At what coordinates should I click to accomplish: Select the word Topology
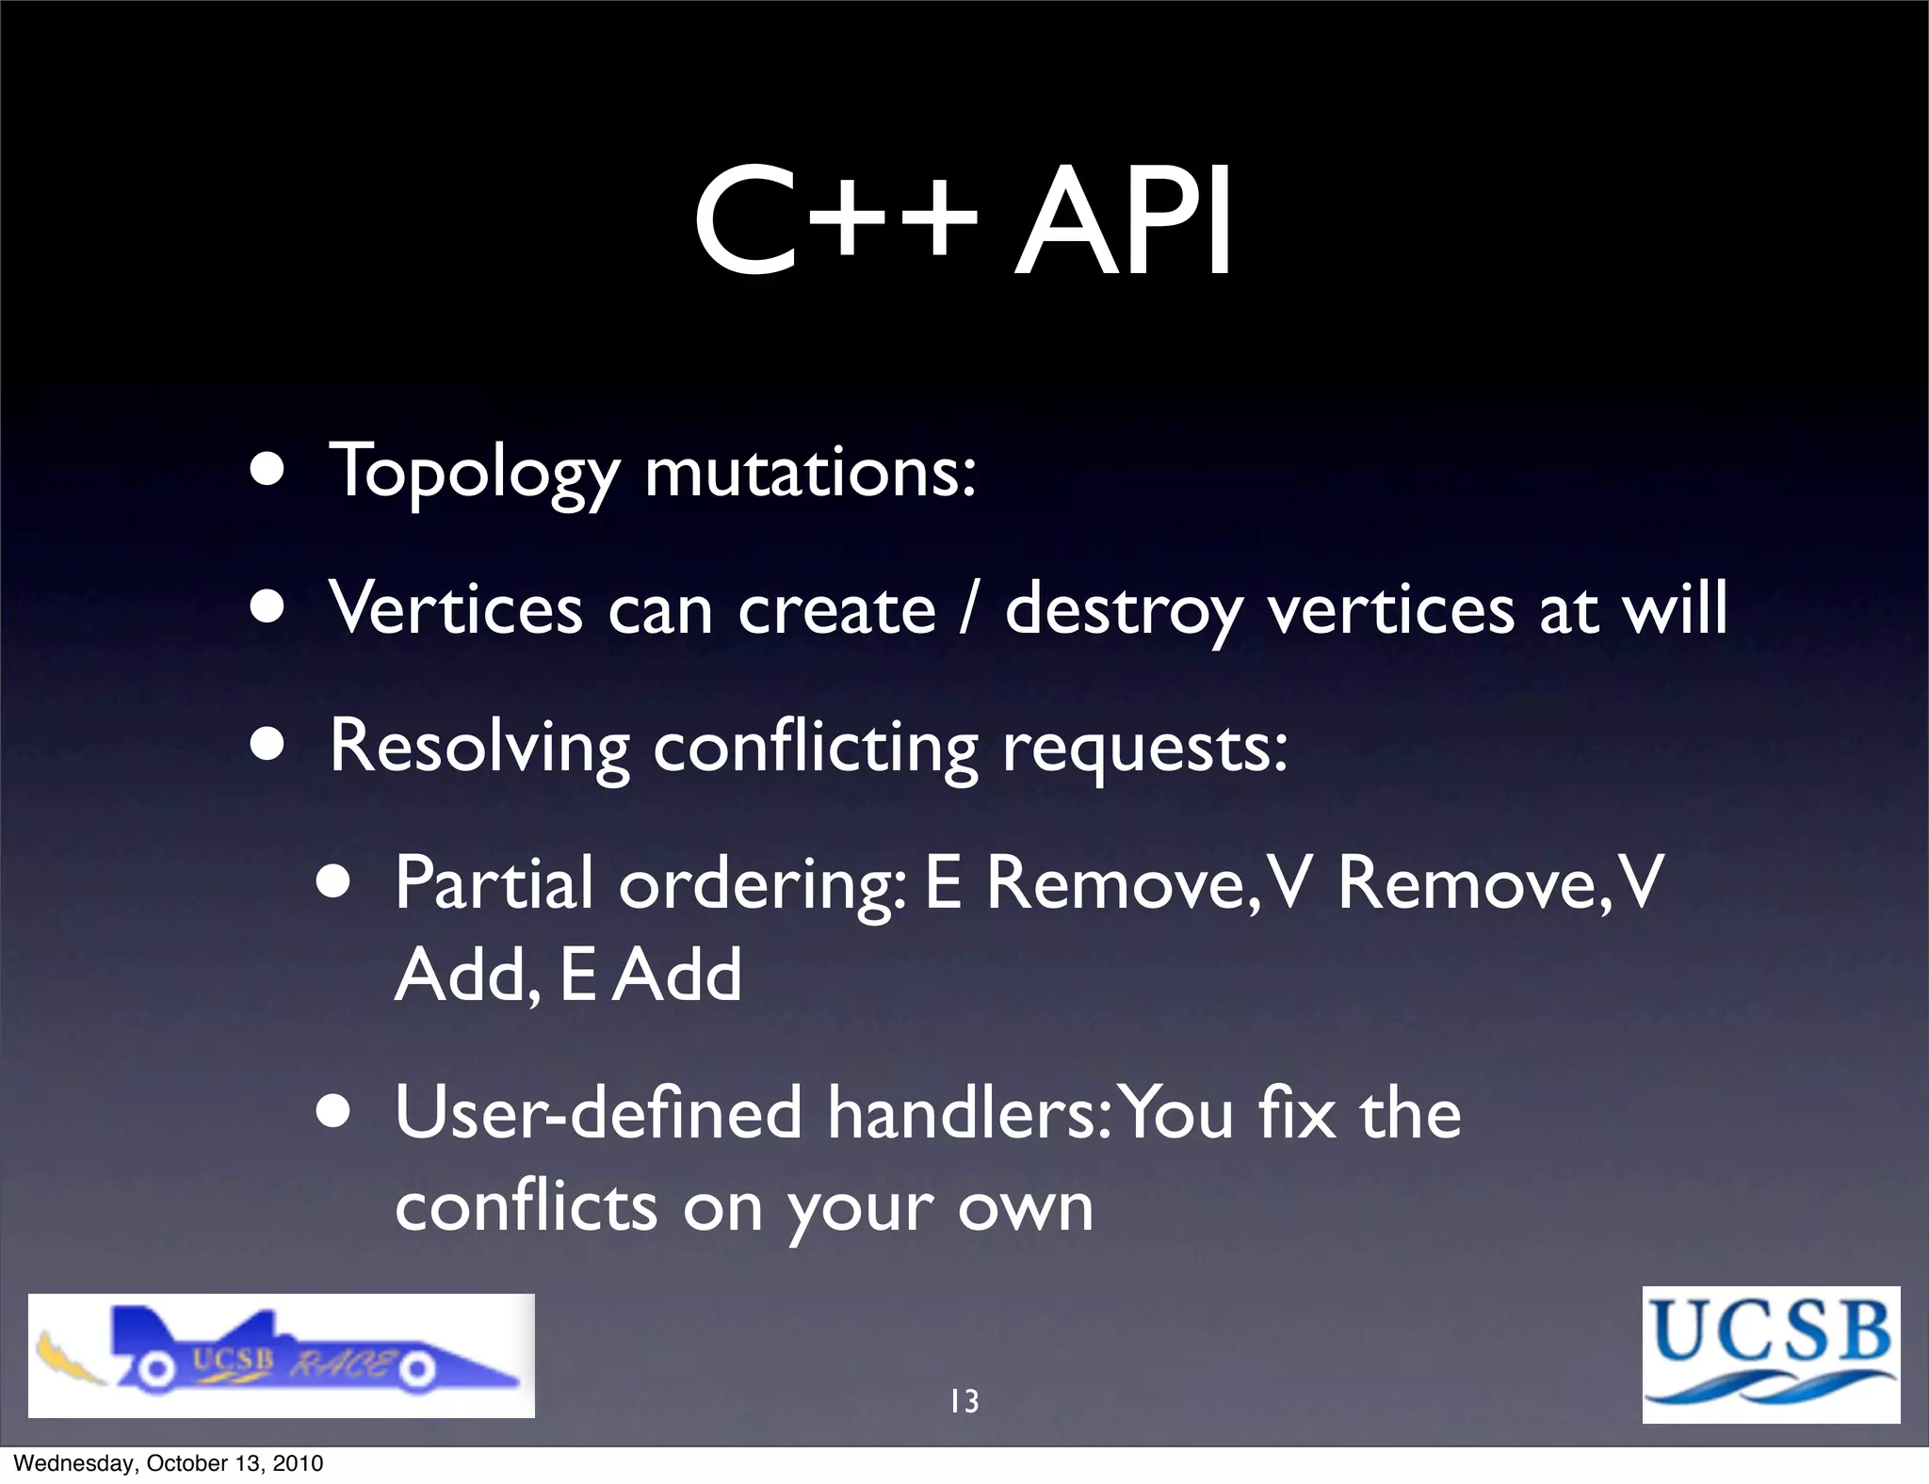tap(474, 472)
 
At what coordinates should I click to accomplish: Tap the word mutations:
tap(810, 472)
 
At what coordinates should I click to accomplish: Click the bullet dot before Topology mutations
tap(268, 470)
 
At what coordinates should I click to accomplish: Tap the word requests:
tap(1144, 750)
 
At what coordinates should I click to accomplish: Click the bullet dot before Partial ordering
tap(333, 883)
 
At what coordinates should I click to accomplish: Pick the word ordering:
tap(762, 885)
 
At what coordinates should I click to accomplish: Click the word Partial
tap(494, 882)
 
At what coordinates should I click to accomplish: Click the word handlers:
tap(970, 1113)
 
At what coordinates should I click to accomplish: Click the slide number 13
tap(964, 1401)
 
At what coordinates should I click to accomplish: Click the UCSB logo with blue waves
tap(1771, 1354)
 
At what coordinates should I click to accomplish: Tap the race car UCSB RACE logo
tap(281, 1355)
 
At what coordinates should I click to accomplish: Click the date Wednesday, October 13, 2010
tap(169, 1463)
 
